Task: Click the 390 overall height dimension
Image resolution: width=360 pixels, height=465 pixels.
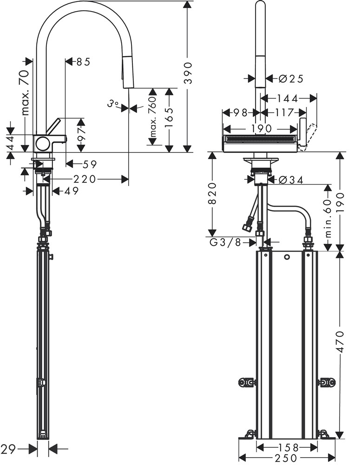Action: point(188,73)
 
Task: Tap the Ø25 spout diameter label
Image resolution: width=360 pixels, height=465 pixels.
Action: point(291,79)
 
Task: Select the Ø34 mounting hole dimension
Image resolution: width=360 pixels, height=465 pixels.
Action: point(291,179)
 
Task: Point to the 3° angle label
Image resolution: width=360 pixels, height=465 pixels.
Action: point(113,104)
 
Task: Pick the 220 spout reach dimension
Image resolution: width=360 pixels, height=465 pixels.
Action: point(85,179)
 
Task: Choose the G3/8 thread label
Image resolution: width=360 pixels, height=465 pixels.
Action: point(225,243)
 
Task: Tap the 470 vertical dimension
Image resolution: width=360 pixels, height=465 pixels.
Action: point(340,342)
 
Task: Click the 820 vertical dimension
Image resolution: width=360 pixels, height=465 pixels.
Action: point(212,193)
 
